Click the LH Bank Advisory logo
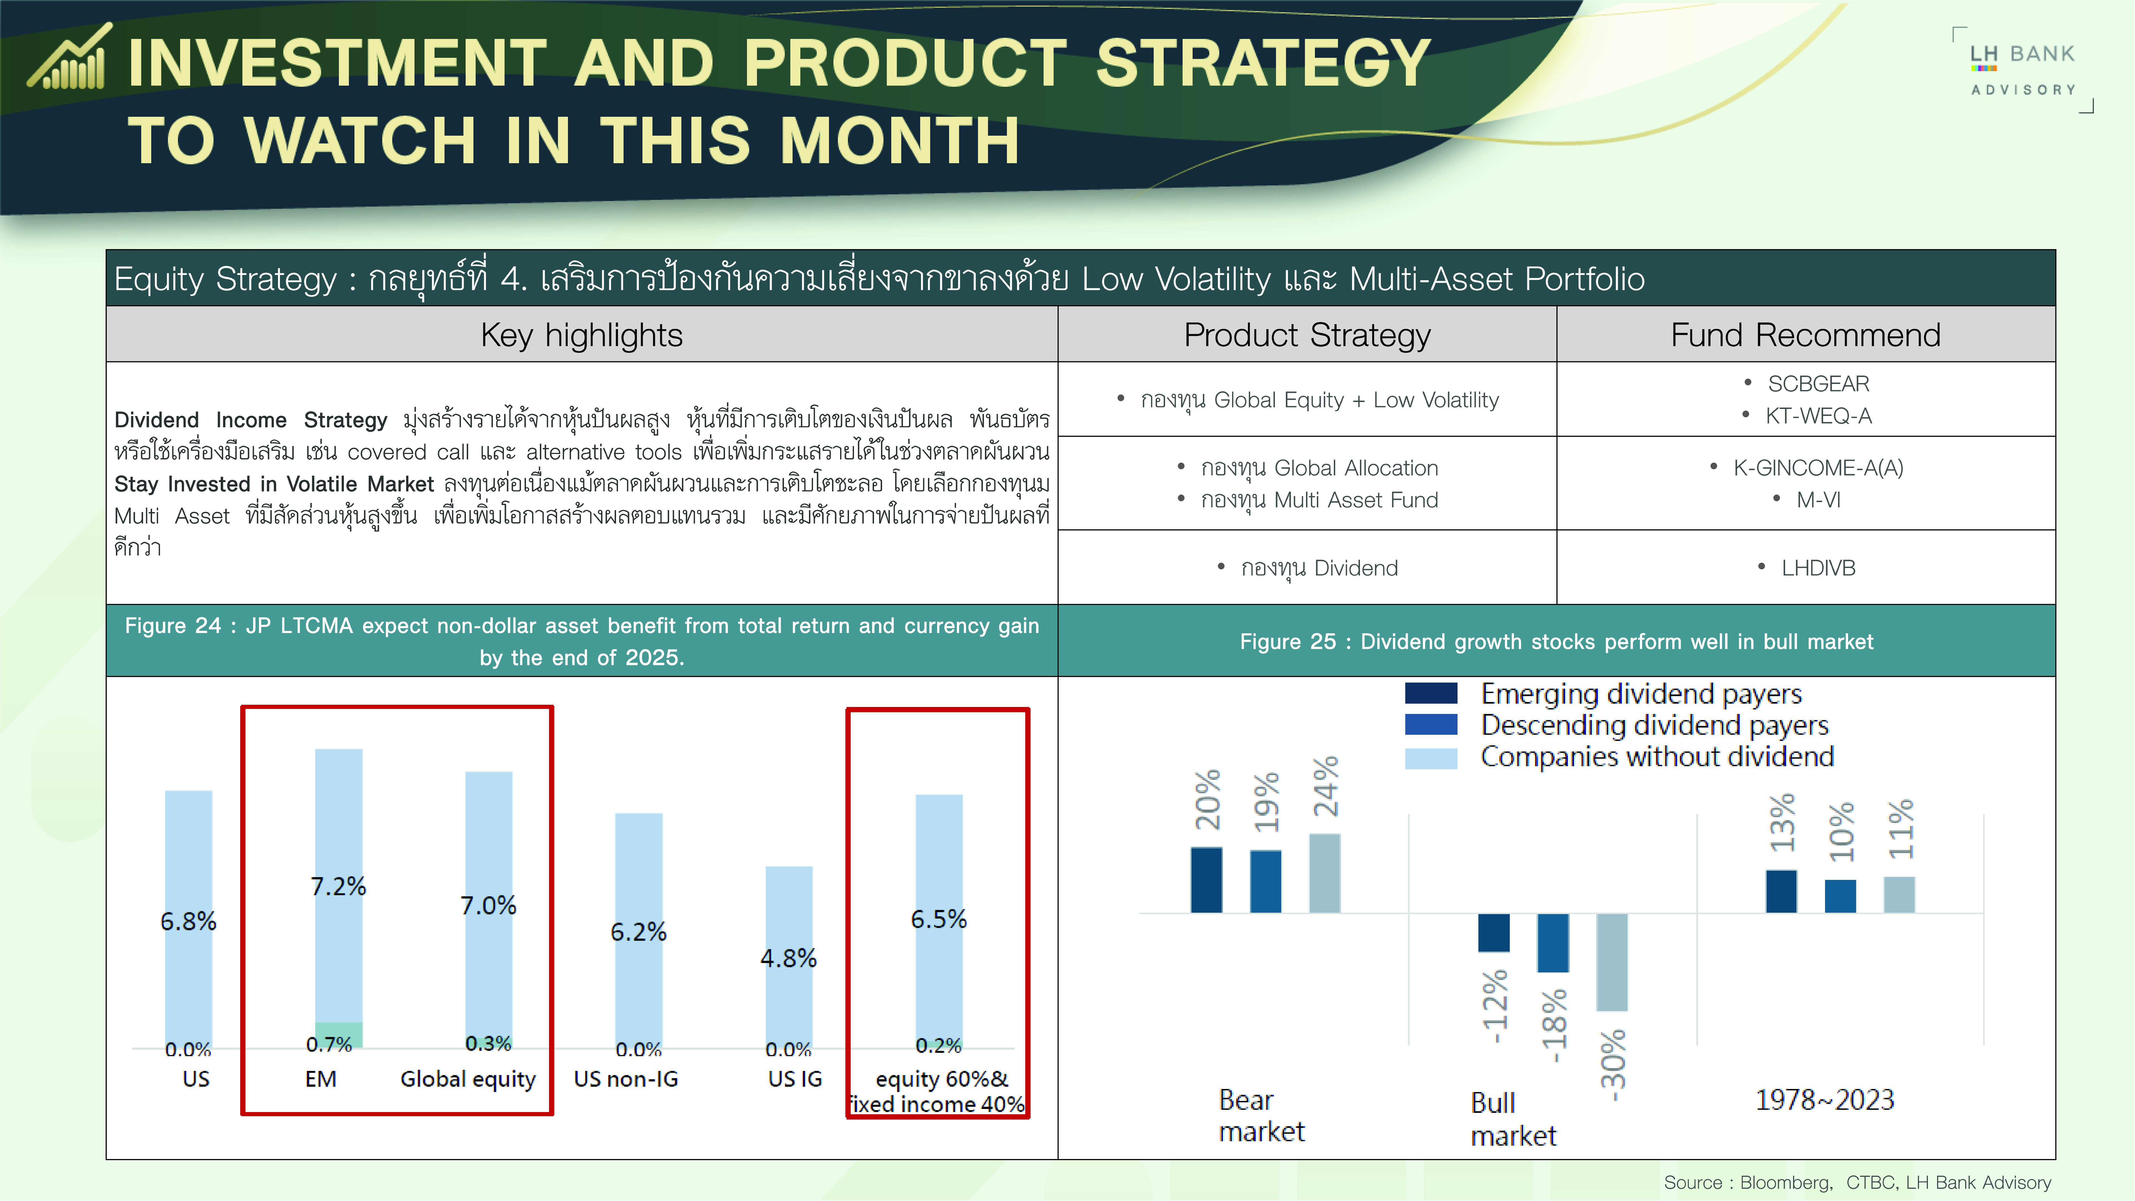pyautogui.click(x=2023, y=70)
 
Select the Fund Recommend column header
pyautogui.click(x=1805, y=335)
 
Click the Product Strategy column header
pyautogui.click(x=1307, y=335)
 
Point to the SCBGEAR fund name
pyautogui.click(x=1818, y=384)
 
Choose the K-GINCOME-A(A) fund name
pyautogui.click(x=1818, y=468)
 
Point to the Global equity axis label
pyautogui.click(x=468, y=1079)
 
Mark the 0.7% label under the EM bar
pyautogui.click(x=329, y=1044)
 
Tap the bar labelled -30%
pyautogui.click(x=1612, y=962)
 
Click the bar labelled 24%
pyautogui.click(x=1324, y=873)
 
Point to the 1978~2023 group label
pyautogui.click(x=1825, y=1100)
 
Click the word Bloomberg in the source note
pyautogui.click(x=1784, y=1183)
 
